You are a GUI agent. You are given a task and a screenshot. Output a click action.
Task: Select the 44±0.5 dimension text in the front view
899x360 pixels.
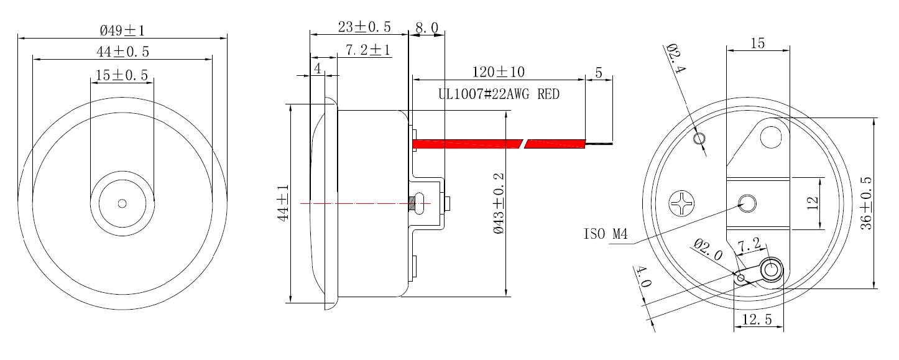tap(122, 52)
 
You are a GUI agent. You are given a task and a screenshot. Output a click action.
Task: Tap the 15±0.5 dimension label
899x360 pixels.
tap(122, 75)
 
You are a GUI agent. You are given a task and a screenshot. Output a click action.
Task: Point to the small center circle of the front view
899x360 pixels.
tap(122, 203)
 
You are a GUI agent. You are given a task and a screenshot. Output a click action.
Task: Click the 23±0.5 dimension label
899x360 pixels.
tap(364, 27)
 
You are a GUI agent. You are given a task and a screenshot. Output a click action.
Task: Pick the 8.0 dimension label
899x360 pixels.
tap(426, 28)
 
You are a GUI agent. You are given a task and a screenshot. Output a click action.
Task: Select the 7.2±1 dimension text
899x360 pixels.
tap(368, 50)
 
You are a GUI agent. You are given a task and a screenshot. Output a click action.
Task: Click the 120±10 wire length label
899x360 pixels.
tap(499, 72)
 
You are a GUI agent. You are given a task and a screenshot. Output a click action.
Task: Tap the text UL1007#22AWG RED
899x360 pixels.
tap(499, 95)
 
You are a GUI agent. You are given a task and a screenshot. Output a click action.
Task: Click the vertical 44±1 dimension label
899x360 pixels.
tap(284, 203)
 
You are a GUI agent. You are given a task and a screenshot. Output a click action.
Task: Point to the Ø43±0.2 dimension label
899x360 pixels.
tap(499, 203)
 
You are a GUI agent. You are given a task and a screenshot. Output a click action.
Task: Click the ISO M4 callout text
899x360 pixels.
tap(606, 235)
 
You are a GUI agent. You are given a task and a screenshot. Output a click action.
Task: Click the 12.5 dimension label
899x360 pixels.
tap(757, 320)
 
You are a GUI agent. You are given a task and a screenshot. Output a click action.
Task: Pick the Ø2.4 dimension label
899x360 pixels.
tap(675, 59)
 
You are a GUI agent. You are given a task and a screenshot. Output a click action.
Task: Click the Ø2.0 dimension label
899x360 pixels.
tap(709, 250)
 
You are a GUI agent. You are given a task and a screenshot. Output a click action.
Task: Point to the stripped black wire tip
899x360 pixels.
tap(599, 144)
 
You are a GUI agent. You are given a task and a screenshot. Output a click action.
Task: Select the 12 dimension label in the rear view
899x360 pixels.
tap(813, 203)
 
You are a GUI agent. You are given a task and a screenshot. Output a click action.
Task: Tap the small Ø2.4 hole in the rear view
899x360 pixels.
tap(699, 138)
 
